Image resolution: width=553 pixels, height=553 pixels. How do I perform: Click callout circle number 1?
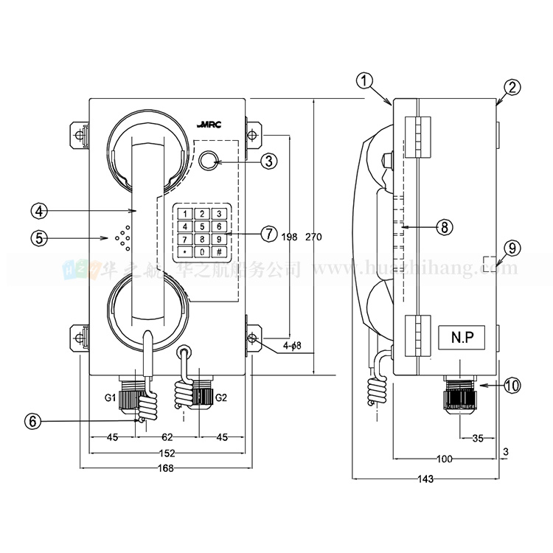[x=367, y=80]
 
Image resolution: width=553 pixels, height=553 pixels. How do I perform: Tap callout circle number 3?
[x=269, y=160]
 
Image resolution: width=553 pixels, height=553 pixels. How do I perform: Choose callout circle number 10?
[x=512, y=384]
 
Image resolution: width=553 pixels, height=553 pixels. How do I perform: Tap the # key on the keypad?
[x=219, y=251]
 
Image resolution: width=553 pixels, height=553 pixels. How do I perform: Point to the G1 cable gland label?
[x=110, y=398]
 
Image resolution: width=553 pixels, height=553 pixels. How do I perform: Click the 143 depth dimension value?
[x=425, y=479]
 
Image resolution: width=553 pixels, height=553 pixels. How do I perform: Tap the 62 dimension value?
[x=167, y=437]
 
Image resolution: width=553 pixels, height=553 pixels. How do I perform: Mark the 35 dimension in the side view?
[x=477, y=438]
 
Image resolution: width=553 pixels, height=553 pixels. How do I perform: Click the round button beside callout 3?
[x=209, y=160]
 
